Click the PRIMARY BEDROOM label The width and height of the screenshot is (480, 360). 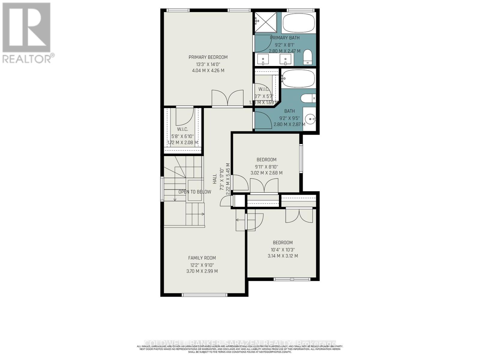tap(208, 57)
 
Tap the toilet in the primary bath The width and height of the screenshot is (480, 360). tap(308, 57)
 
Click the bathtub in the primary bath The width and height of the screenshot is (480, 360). tap(298, 23)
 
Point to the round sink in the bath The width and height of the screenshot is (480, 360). tap(310, 119)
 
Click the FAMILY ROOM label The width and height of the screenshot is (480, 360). tap(202, 258)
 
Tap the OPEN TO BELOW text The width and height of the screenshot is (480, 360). tap(195, 192)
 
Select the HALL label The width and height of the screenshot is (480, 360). tap(214, 179)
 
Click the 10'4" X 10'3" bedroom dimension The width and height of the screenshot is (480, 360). tap(283, 250)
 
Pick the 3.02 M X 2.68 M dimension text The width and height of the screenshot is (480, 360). tap(266, 173)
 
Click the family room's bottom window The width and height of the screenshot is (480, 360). tap(205, 295)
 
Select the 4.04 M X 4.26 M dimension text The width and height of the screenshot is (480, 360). tap(208, 71)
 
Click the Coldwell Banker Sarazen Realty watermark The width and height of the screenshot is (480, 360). tap(240, 343)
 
